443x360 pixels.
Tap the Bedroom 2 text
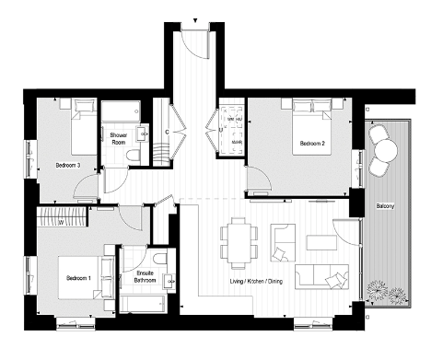point(311,143)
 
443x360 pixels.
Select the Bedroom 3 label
point(68,165)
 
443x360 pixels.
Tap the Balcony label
point(385,207)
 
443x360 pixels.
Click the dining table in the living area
point(239,239)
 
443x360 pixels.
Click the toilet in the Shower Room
point(134,157)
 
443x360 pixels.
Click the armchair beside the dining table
point(283,240)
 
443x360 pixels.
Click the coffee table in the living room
point(322,243)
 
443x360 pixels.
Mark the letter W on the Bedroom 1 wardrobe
point(60,221)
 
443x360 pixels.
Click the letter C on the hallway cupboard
point(166,132)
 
